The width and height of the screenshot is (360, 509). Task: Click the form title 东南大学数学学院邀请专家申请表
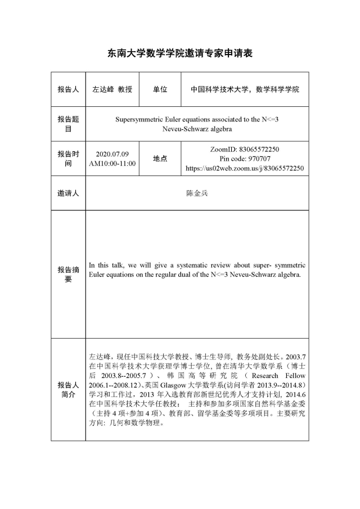pos(180,53)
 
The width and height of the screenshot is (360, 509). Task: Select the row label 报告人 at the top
pos(68,89)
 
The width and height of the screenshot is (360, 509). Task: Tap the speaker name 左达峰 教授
pos(112,89)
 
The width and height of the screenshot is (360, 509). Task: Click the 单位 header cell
pos(160,89)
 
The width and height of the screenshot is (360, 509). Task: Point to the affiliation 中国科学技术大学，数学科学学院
pos(245,89)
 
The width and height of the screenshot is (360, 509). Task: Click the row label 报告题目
pos(68,124)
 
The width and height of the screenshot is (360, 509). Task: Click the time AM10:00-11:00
pos(112,163)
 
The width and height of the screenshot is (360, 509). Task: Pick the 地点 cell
pos(160,159)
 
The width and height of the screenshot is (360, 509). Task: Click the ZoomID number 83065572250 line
pos(245,150)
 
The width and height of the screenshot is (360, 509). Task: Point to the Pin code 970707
pos(245,159)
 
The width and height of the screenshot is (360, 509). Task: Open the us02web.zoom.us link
pos(245,168)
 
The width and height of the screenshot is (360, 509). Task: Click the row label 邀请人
pos(68,193)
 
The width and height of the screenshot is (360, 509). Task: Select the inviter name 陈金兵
pos(196,193)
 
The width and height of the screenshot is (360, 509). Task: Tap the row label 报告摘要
pos(68,274)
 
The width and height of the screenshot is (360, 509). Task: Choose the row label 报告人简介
pos(68,389)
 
